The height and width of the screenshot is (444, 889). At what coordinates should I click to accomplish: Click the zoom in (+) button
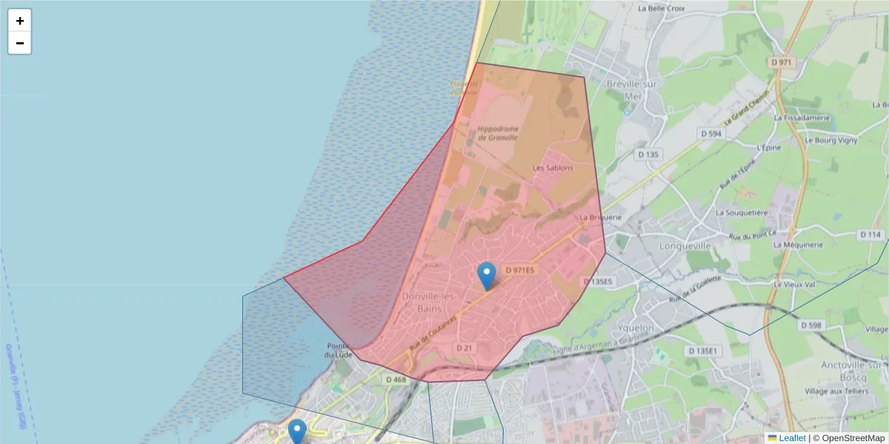tap(19, 21)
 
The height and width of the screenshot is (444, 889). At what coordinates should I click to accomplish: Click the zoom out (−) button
tap(19, 43)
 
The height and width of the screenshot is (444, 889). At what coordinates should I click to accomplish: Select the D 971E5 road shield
tap(519, 271)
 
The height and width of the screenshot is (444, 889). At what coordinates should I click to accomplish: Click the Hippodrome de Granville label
tap(498, 133)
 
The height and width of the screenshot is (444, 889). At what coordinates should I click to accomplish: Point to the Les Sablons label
tap(553, 168)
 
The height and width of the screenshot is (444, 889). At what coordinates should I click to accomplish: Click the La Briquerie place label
tap(599, 218)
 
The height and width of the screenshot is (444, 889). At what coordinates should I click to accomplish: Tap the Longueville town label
tap(685, 246)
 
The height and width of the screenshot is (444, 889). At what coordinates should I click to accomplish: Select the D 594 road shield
tap(710, 133)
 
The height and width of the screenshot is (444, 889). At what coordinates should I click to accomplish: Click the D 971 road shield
tap(782, 63)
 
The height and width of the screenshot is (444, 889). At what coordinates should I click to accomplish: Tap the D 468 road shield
tap(396, 380)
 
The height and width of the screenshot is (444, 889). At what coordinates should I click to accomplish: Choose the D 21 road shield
tap(465, 348)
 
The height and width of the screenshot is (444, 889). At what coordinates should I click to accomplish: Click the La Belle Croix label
tap(661, 9)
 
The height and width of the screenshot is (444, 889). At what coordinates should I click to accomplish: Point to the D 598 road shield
tap(811, 325)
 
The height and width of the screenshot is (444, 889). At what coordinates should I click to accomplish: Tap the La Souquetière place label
tap(742, 212)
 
